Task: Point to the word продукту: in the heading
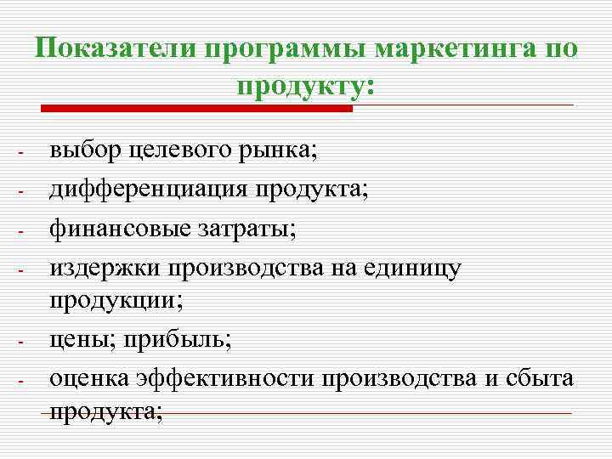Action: coord(306,86)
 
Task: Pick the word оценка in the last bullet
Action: coord(92,378)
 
